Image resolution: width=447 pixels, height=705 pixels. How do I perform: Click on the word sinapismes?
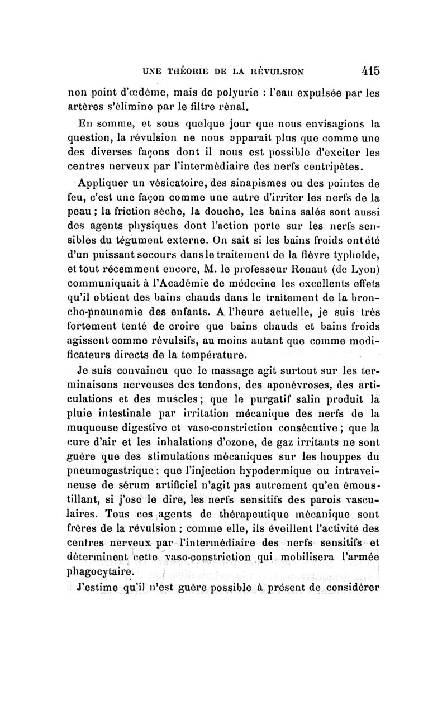coord(262,183)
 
